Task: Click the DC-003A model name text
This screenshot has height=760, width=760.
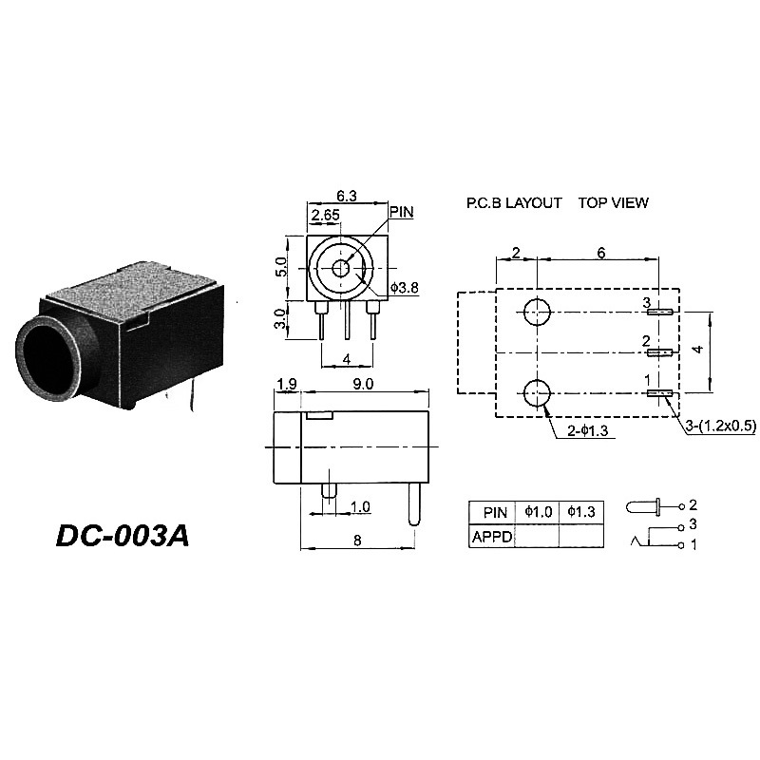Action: coord(123,535)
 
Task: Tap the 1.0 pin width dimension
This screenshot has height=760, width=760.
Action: coord(360,506)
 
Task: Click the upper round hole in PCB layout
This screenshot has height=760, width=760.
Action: coord(538,312)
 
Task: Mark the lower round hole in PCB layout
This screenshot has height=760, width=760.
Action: coord(538,392)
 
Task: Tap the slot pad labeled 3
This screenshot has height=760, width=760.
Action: coord(660,312)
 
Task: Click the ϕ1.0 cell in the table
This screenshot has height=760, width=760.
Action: coord(537,512)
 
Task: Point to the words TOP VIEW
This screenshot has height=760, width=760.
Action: coord(614,203)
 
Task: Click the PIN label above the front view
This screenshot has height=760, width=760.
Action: coord(402,211)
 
